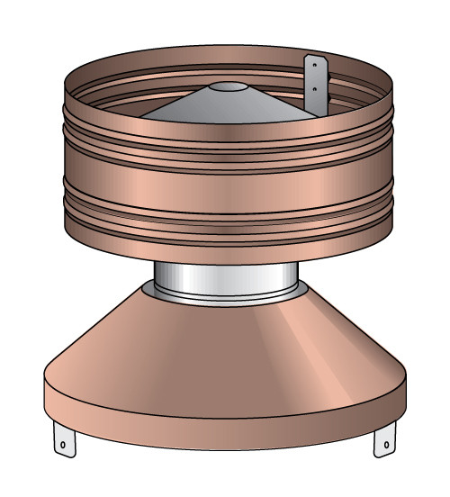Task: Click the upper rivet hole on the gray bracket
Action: click(314, 66)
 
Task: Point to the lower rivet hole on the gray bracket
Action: click(314, 90)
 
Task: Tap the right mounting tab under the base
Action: click(385, 441)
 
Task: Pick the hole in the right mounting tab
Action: click(387, 443)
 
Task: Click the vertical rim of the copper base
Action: click(225, 423)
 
